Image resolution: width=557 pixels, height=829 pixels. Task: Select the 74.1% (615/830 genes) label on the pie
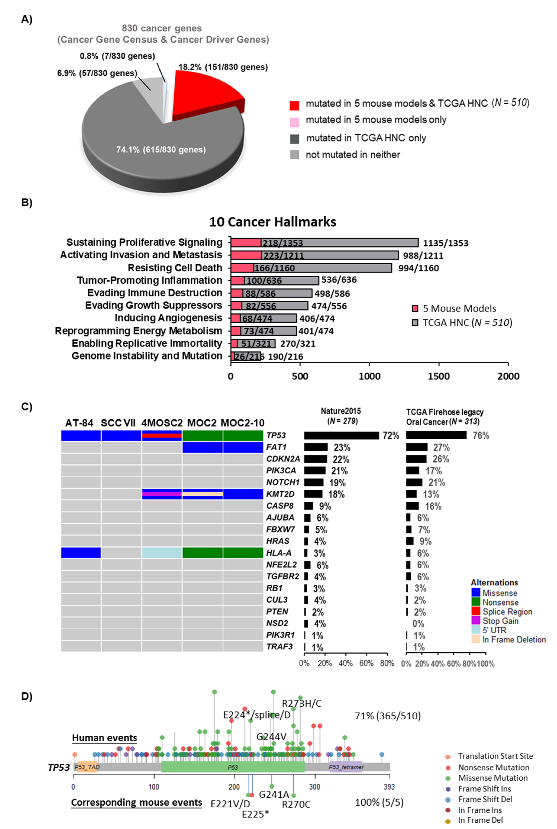click(161, 150)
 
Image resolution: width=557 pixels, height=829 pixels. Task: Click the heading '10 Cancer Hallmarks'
click(272, 222)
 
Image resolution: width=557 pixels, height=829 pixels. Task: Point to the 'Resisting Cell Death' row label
click(175, 268)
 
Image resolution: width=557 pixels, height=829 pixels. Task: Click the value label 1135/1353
click(446, 243)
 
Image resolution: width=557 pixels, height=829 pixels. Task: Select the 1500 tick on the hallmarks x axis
click(439, 376)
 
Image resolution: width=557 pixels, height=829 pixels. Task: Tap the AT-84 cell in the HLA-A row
click(81, 553)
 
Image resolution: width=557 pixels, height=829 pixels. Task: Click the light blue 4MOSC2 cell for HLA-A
click(162, 553)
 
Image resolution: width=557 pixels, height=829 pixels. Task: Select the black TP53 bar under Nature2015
click(341, 435)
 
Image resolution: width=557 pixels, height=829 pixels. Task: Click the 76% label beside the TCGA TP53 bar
click(481, 435)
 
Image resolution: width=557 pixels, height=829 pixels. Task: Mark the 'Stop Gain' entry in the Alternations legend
click(500, 621)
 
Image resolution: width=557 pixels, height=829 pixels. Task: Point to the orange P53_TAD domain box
click(87, 767)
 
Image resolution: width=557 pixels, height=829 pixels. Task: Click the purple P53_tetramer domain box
click(346, 767)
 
